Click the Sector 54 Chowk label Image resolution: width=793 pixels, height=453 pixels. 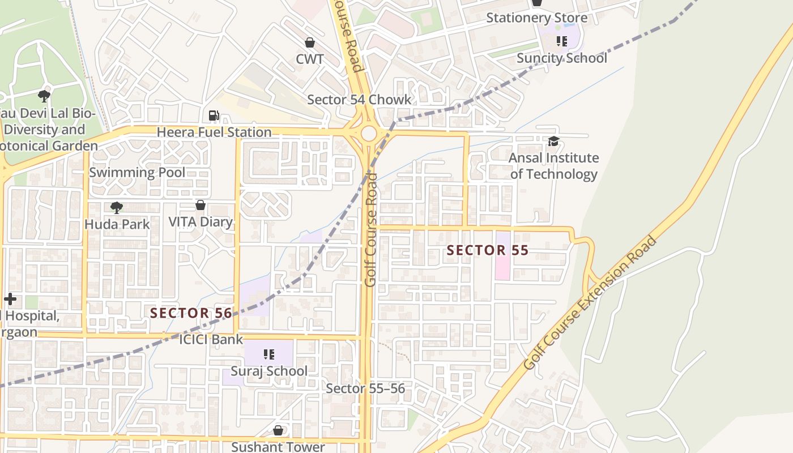point(359,100)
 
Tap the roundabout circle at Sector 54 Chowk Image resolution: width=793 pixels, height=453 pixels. point(369,134)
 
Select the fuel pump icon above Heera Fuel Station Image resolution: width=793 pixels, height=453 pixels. point(214,116)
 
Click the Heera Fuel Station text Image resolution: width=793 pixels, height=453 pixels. point(214,133)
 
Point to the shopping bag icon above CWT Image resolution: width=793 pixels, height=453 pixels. point(310,42)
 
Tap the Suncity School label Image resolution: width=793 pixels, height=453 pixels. point(561,58)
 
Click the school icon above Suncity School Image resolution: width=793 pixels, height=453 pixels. point(561,41)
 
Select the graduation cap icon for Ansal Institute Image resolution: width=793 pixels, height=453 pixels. point(553,141)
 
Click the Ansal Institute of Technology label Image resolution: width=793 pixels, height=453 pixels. point(553,166)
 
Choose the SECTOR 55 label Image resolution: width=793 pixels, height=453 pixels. point(488,250)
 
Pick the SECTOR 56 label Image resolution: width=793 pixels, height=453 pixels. point(191,313)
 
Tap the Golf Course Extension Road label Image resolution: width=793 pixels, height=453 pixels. point(590,303)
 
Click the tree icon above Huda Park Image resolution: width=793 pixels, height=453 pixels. point(117,208)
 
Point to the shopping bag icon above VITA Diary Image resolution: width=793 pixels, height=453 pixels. point(201,205)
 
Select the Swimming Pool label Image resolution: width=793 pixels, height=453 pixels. point(137,173)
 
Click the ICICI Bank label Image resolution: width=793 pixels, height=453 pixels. point(211,340)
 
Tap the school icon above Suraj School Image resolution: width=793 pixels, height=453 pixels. point(269,354)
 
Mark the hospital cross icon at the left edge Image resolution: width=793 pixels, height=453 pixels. point(10,299)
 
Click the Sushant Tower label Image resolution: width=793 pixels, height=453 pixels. point(278,447)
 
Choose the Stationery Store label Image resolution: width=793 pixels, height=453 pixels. point(536,18)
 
